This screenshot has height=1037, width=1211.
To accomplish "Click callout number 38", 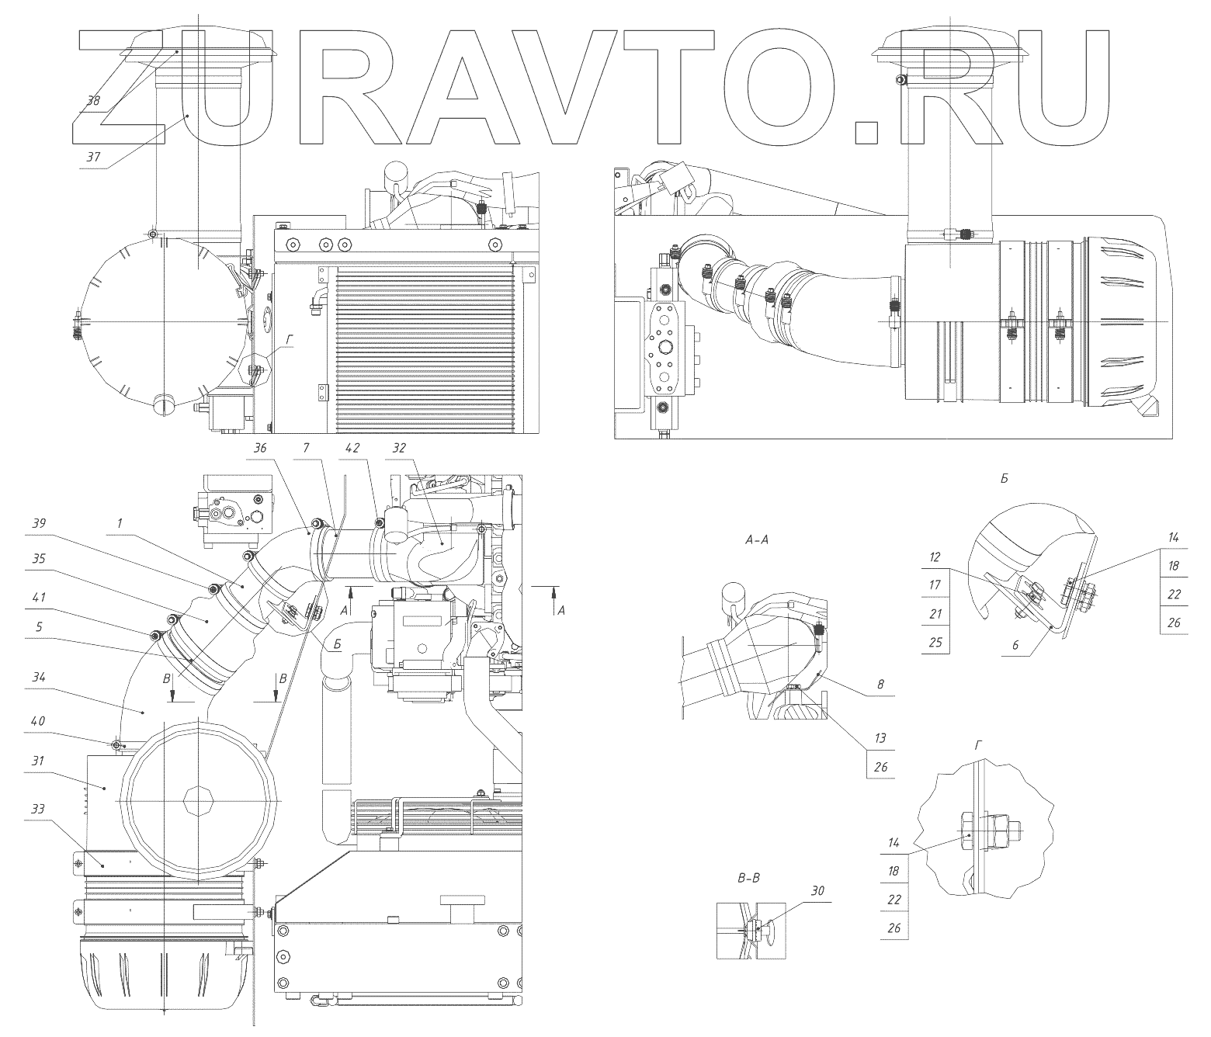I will point(94,101).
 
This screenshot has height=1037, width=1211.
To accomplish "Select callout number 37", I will point(93,157).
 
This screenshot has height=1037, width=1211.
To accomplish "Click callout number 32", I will point(399,448).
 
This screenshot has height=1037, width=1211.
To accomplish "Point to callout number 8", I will point(880,685).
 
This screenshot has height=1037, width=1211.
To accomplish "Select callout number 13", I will point(880,738).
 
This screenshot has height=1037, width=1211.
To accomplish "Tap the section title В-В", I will point(748,878).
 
